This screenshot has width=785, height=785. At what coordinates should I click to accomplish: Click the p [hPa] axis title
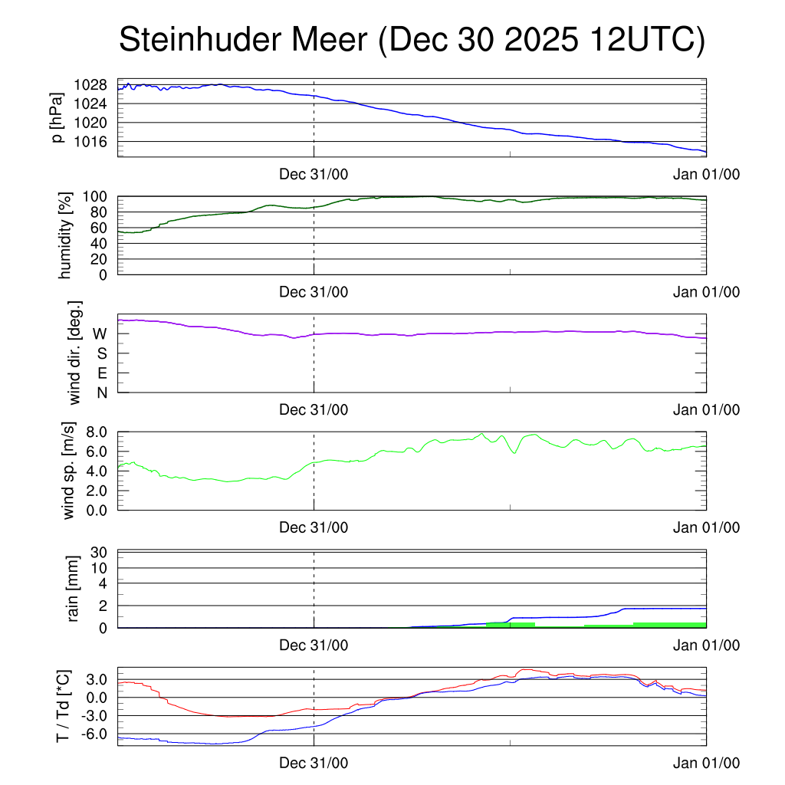[58, 118]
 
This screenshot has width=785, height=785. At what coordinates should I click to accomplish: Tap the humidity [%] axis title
[65, 235]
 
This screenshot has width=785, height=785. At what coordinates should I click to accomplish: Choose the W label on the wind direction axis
[100, 333]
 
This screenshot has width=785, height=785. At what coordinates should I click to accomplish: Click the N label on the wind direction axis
[101, 392]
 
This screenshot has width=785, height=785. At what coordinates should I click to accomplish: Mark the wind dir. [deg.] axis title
[76, 353]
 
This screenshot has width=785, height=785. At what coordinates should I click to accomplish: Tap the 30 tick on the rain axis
[99, 553]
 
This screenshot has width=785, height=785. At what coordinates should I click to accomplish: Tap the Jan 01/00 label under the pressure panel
[706, 174]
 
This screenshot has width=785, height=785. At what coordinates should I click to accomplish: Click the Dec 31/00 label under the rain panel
[314, 645]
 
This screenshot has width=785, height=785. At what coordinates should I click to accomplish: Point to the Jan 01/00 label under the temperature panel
[706, 763]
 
